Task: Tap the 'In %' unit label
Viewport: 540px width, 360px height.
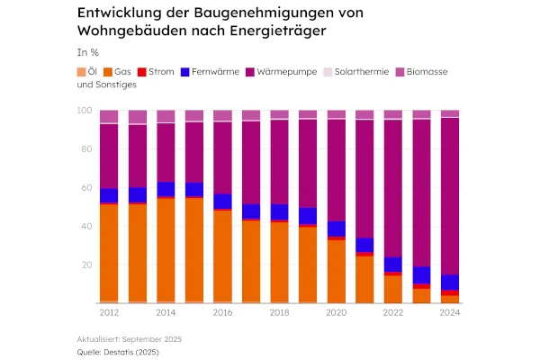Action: coord(87,52)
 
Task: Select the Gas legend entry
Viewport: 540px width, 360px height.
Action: coord(121,71)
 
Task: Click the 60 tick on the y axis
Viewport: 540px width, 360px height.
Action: coord(86,188)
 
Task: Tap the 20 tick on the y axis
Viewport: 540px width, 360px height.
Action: coord(86,265)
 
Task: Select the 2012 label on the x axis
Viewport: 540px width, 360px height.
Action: coord(109,312)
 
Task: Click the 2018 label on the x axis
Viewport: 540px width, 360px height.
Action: coord(279,312)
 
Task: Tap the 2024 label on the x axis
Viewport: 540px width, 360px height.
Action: coord(449,312)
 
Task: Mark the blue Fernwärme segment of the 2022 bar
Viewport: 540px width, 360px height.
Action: coord(392,264)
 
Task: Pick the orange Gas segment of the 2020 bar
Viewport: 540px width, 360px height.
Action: coord(336,270)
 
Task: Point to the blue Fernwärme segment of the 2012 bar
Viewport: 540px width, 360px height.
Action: coord(109,195)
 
